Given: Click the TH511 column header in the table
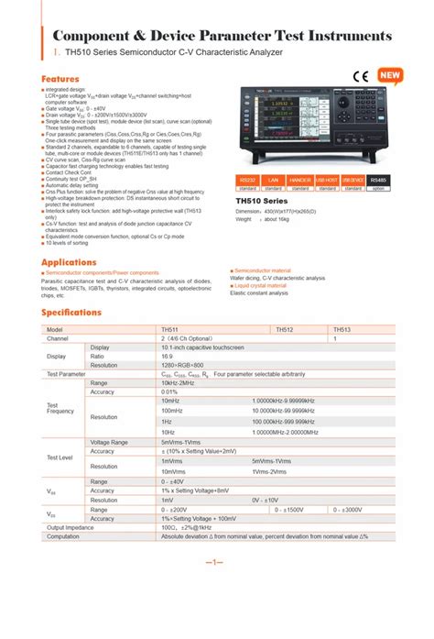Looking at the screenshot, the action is click(x=170, y=329).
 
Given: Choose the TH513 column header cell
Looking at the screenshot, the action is click(x=342, y=329).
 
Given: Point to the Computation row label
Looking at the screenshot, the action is click(x=65, y=536).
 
